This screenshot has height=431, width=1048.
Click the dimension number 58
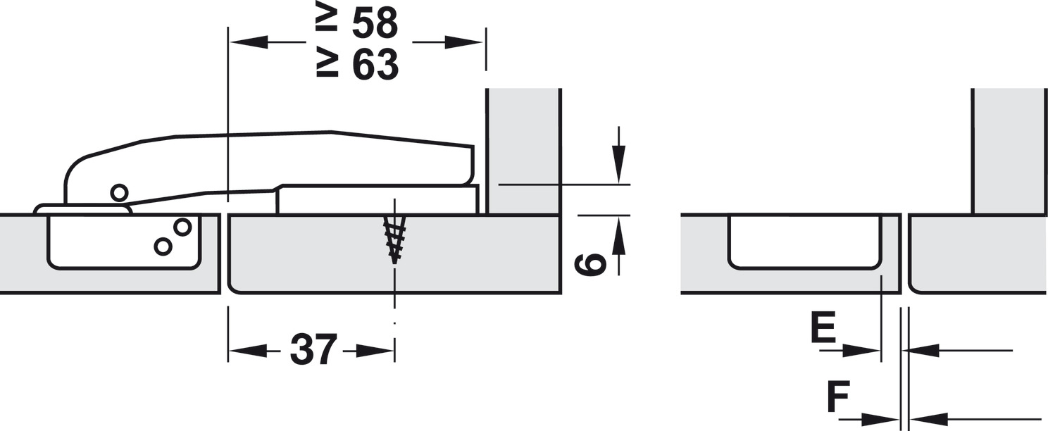pos(375,23)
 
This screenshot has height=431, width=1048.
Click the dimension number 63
pos(375,64)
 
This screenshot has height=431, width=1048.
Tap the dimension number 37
pos(313,349)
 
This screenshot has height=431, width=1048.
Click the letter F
pos(838,396)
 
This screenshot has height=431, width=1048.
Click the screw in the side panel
pos(394,239)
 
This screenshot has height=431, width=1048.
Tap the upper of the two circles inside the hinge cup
pos(182,227)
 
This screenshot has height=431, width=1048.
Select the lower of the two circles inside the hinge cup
pos(163,246)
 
